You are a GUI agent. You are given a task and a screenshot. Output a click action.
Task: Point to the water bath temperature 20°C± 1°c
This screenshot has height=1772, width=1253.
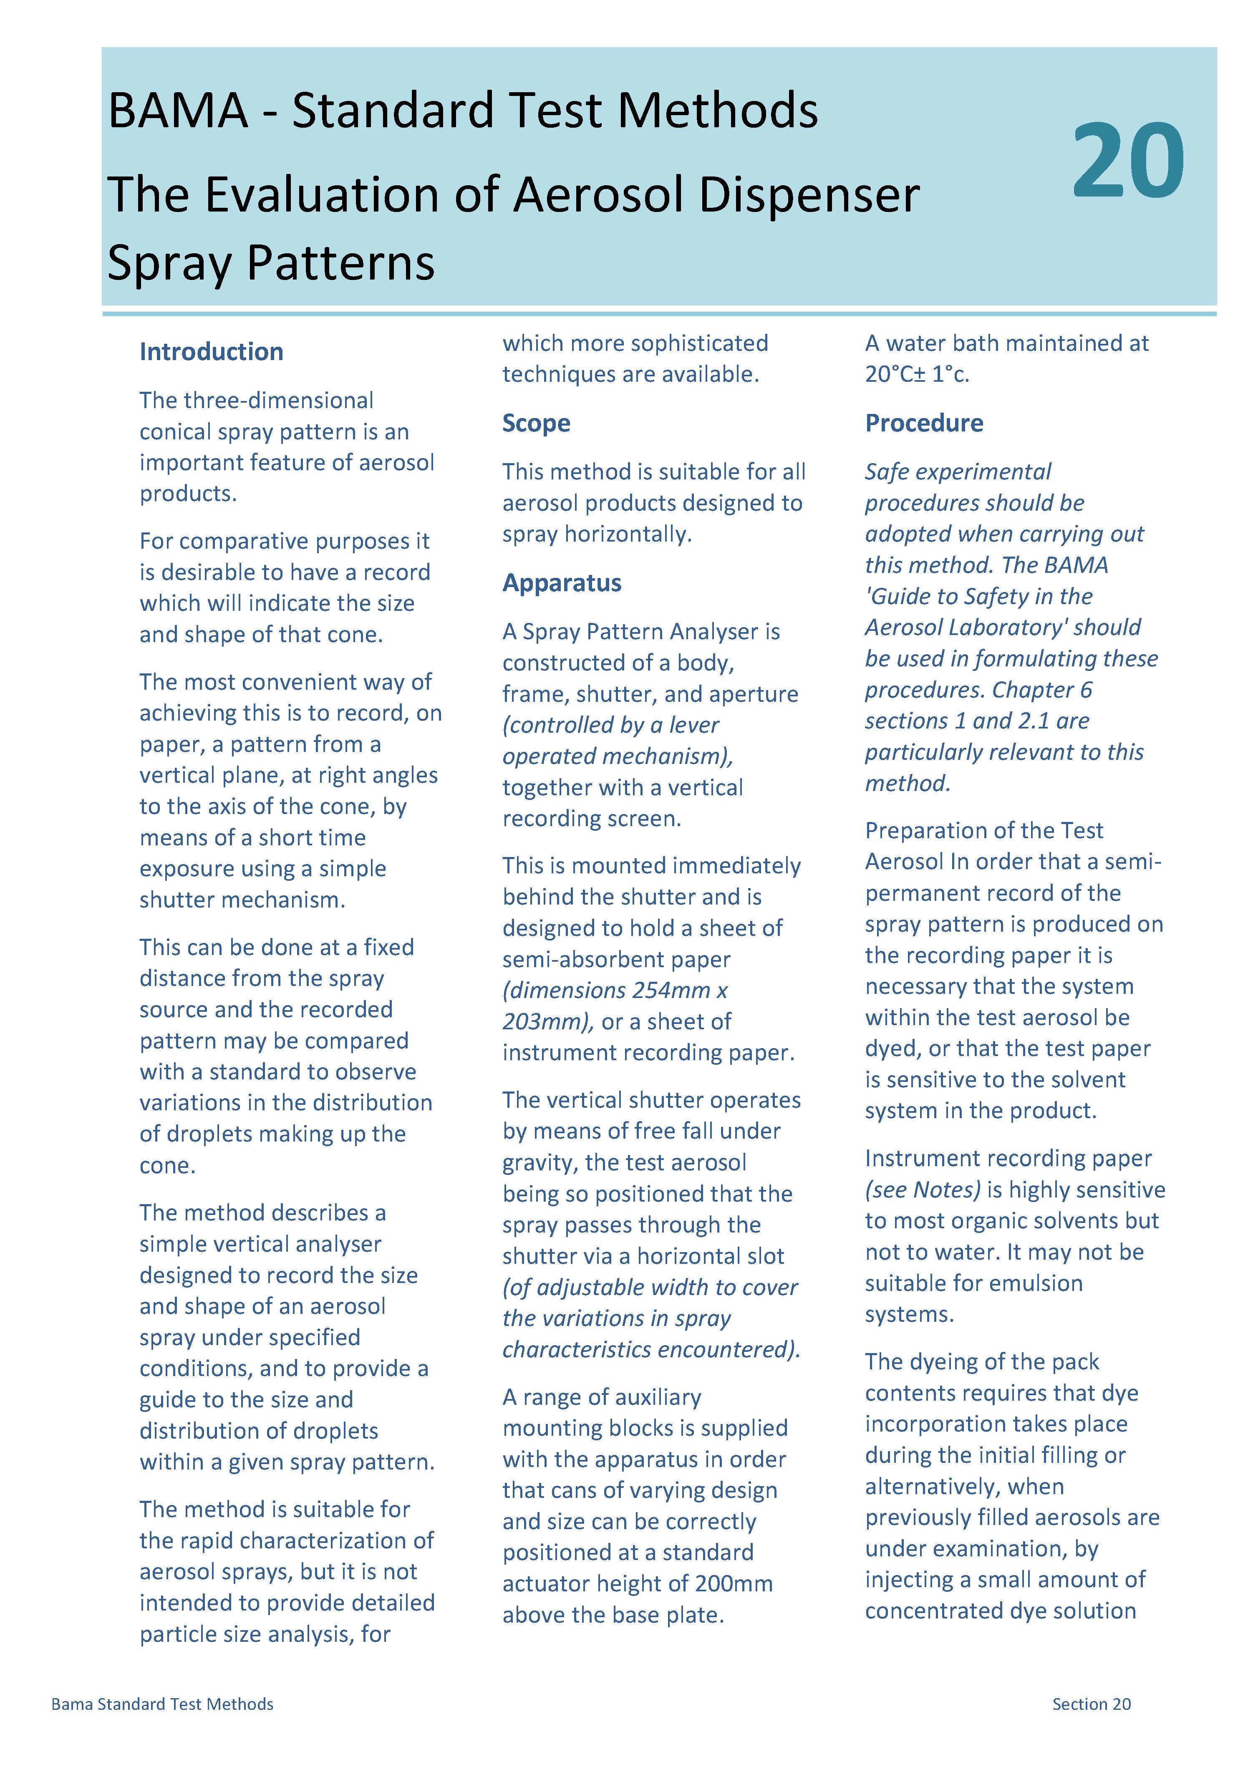point(916,374)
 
